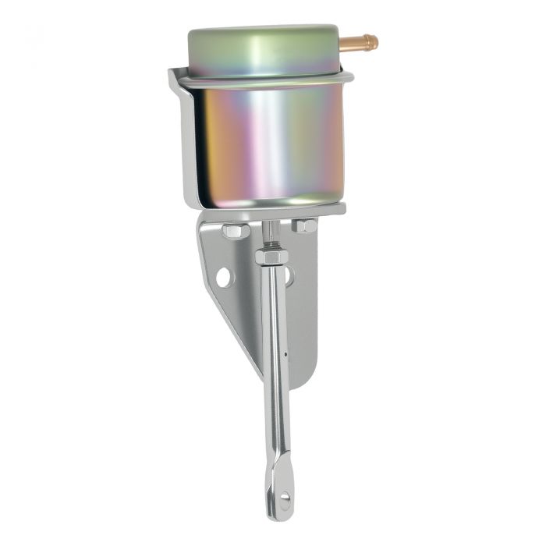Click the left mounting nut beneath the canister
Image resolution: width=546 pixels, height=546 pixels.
235,230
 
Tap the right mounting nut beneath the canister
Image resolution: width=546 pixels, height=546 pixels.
304,226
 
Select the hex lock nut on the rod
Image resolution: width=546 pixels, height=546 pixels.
271,256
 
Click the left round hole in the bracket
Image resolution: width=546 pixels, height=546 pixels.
224,277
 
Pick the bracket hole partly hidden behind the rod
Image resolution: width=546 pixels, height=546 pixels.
289,276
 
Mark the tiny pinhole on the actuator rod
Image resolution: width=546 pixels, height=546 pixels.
285,353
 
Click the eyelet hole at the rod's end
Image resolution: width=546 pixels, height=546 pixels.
285,497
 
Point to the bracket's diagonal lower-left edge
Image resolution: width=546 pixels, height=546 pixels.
226,328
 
